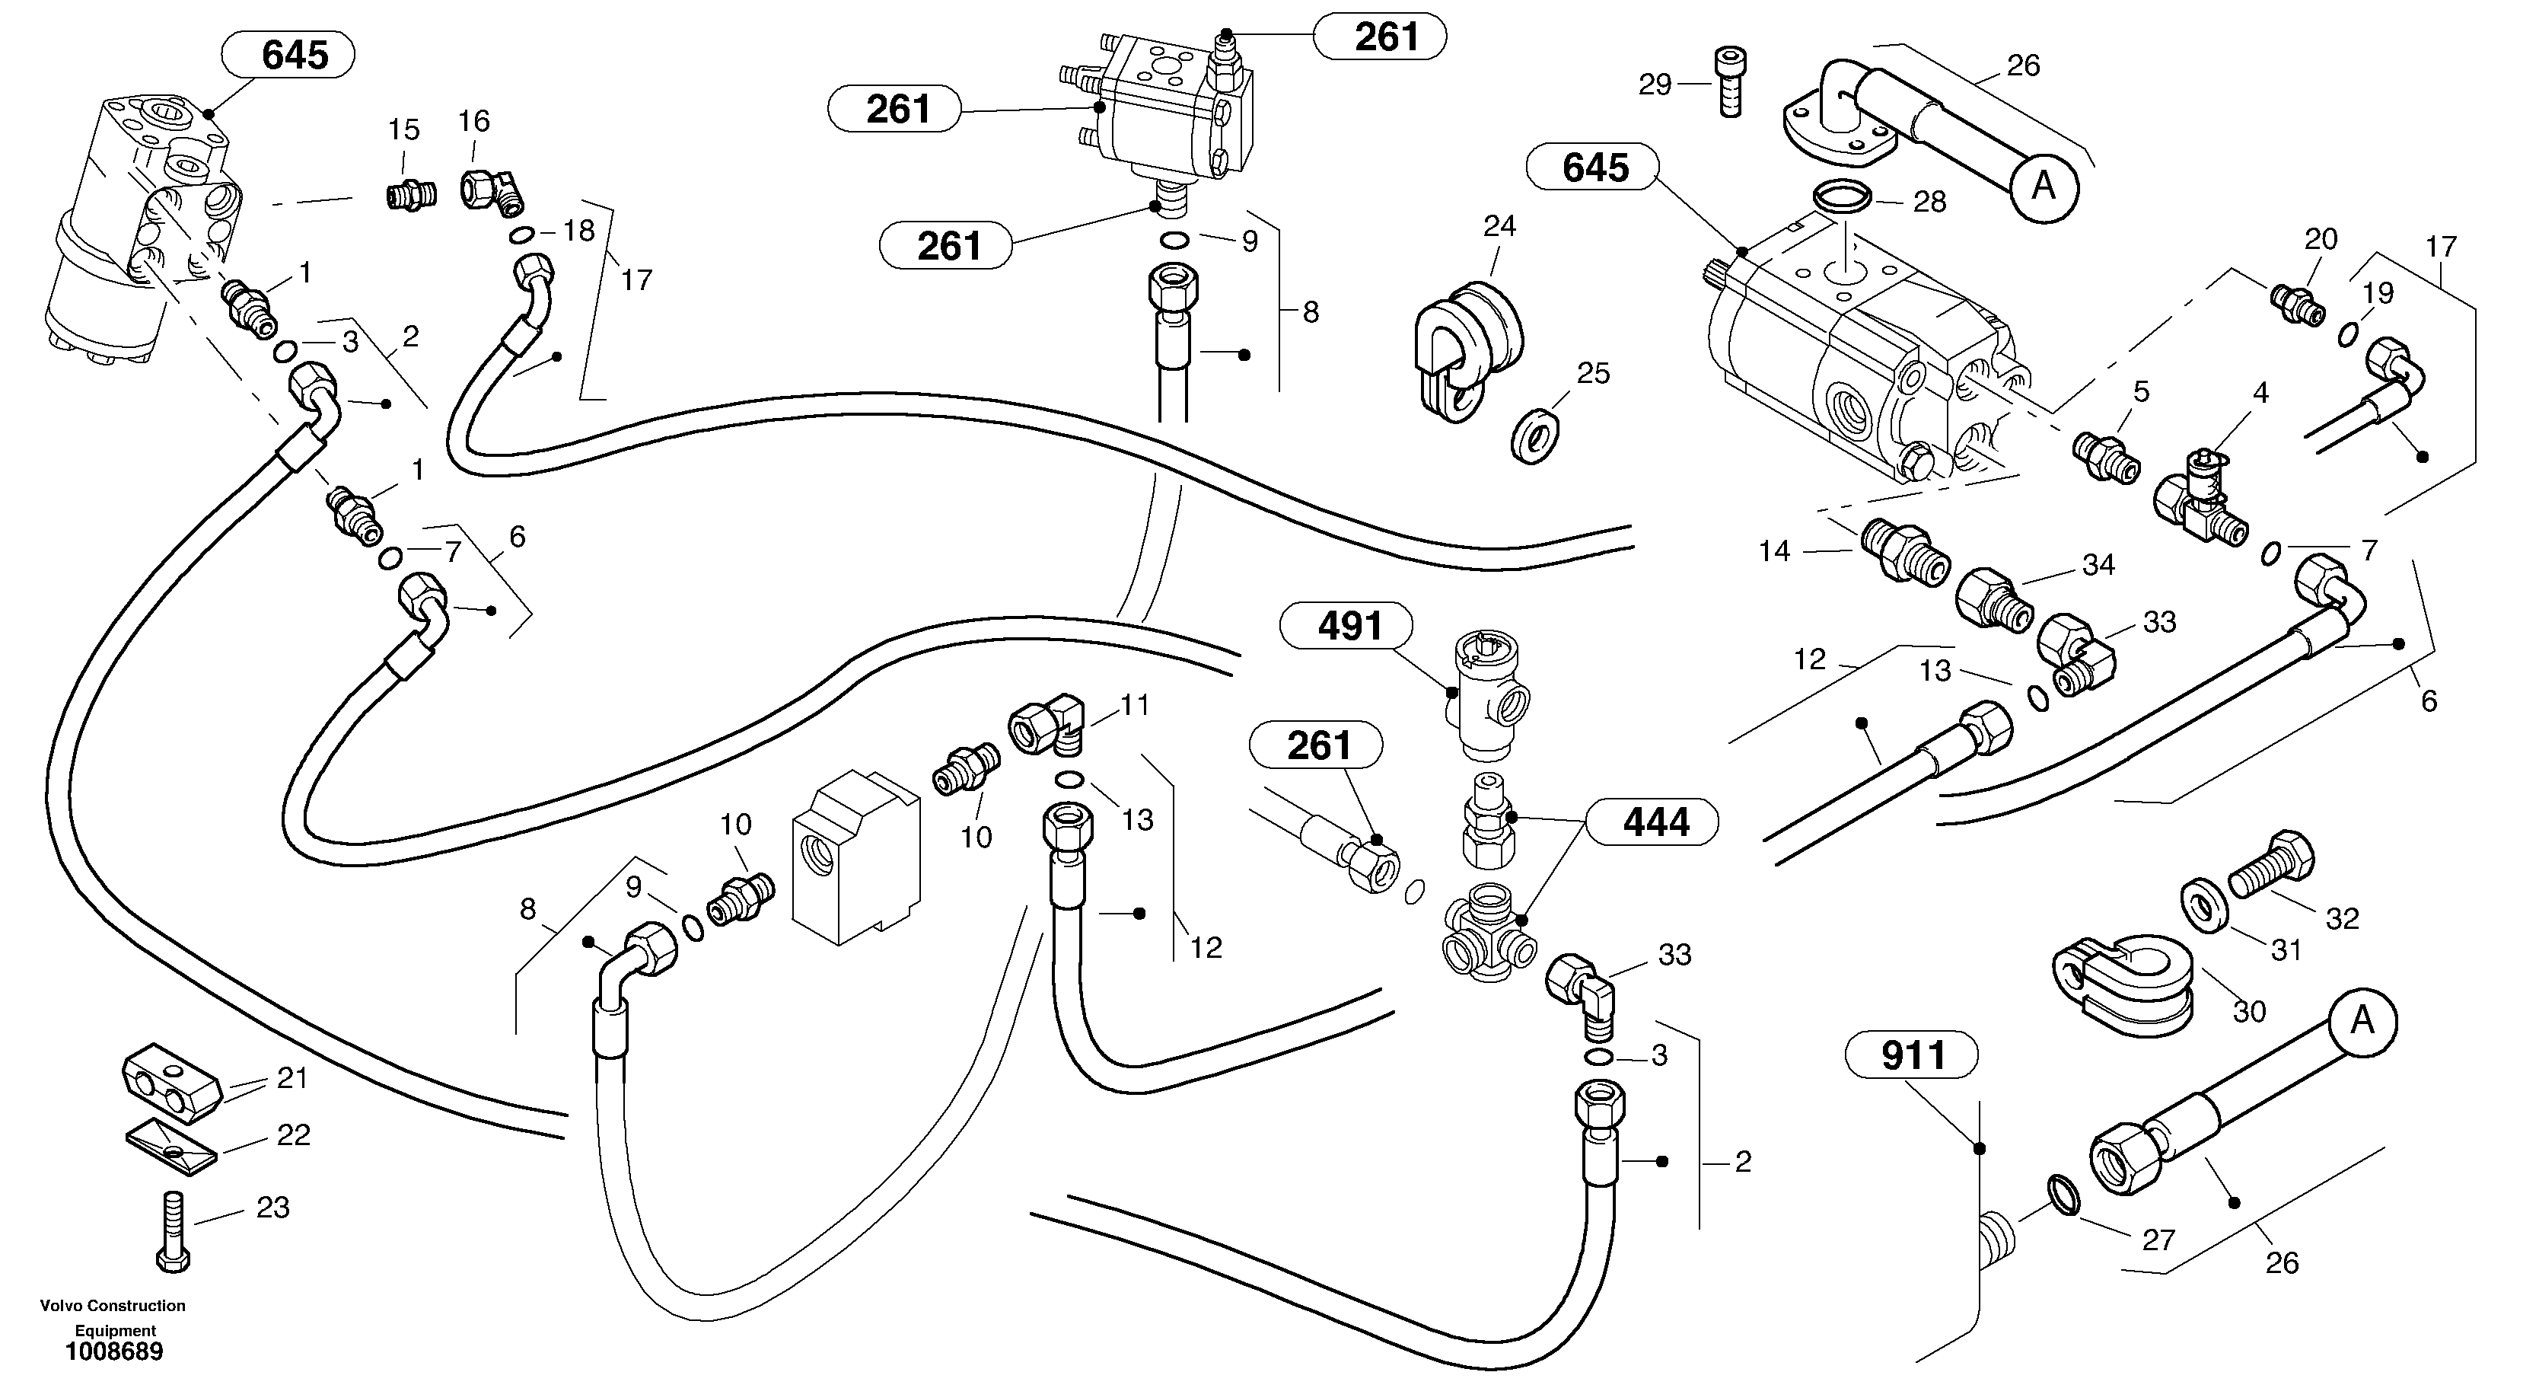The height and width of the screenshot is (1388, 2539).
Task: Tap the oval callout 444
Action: point(1656,822)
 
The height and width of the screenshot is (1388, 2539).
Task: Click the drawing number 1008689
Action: point(114,1351)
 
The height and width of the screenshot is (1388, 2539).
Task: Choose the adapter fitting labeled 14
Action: point(1904,553)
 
